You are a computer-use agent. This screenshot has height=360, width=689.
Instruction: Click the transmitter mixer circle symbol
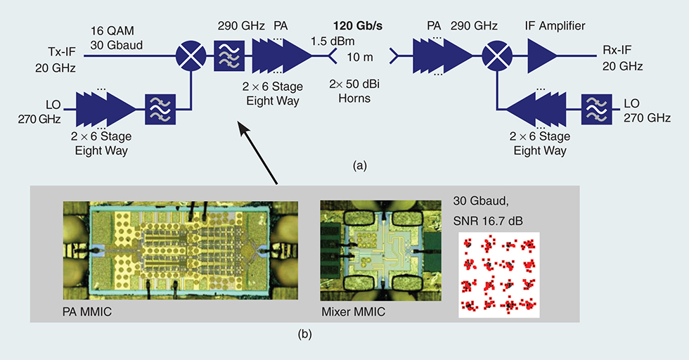click(x=191, y=51)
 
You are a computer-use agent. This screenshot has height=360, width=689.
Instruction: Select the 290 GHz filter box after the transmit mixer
click(x=228, y=51)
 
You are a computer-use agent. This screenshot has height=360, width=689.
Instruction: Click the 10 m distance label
click(x=361, y=56)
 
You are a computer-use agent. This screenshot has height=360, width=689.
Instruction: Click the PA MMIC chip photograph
click(x=181, y=246)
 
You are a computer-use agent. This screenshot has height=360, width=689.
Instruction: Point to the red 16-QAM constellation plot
click(x=498, y=275)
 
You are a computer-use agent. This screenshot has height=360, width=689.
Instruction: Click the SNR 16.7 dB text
click(x=497, y=218)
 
